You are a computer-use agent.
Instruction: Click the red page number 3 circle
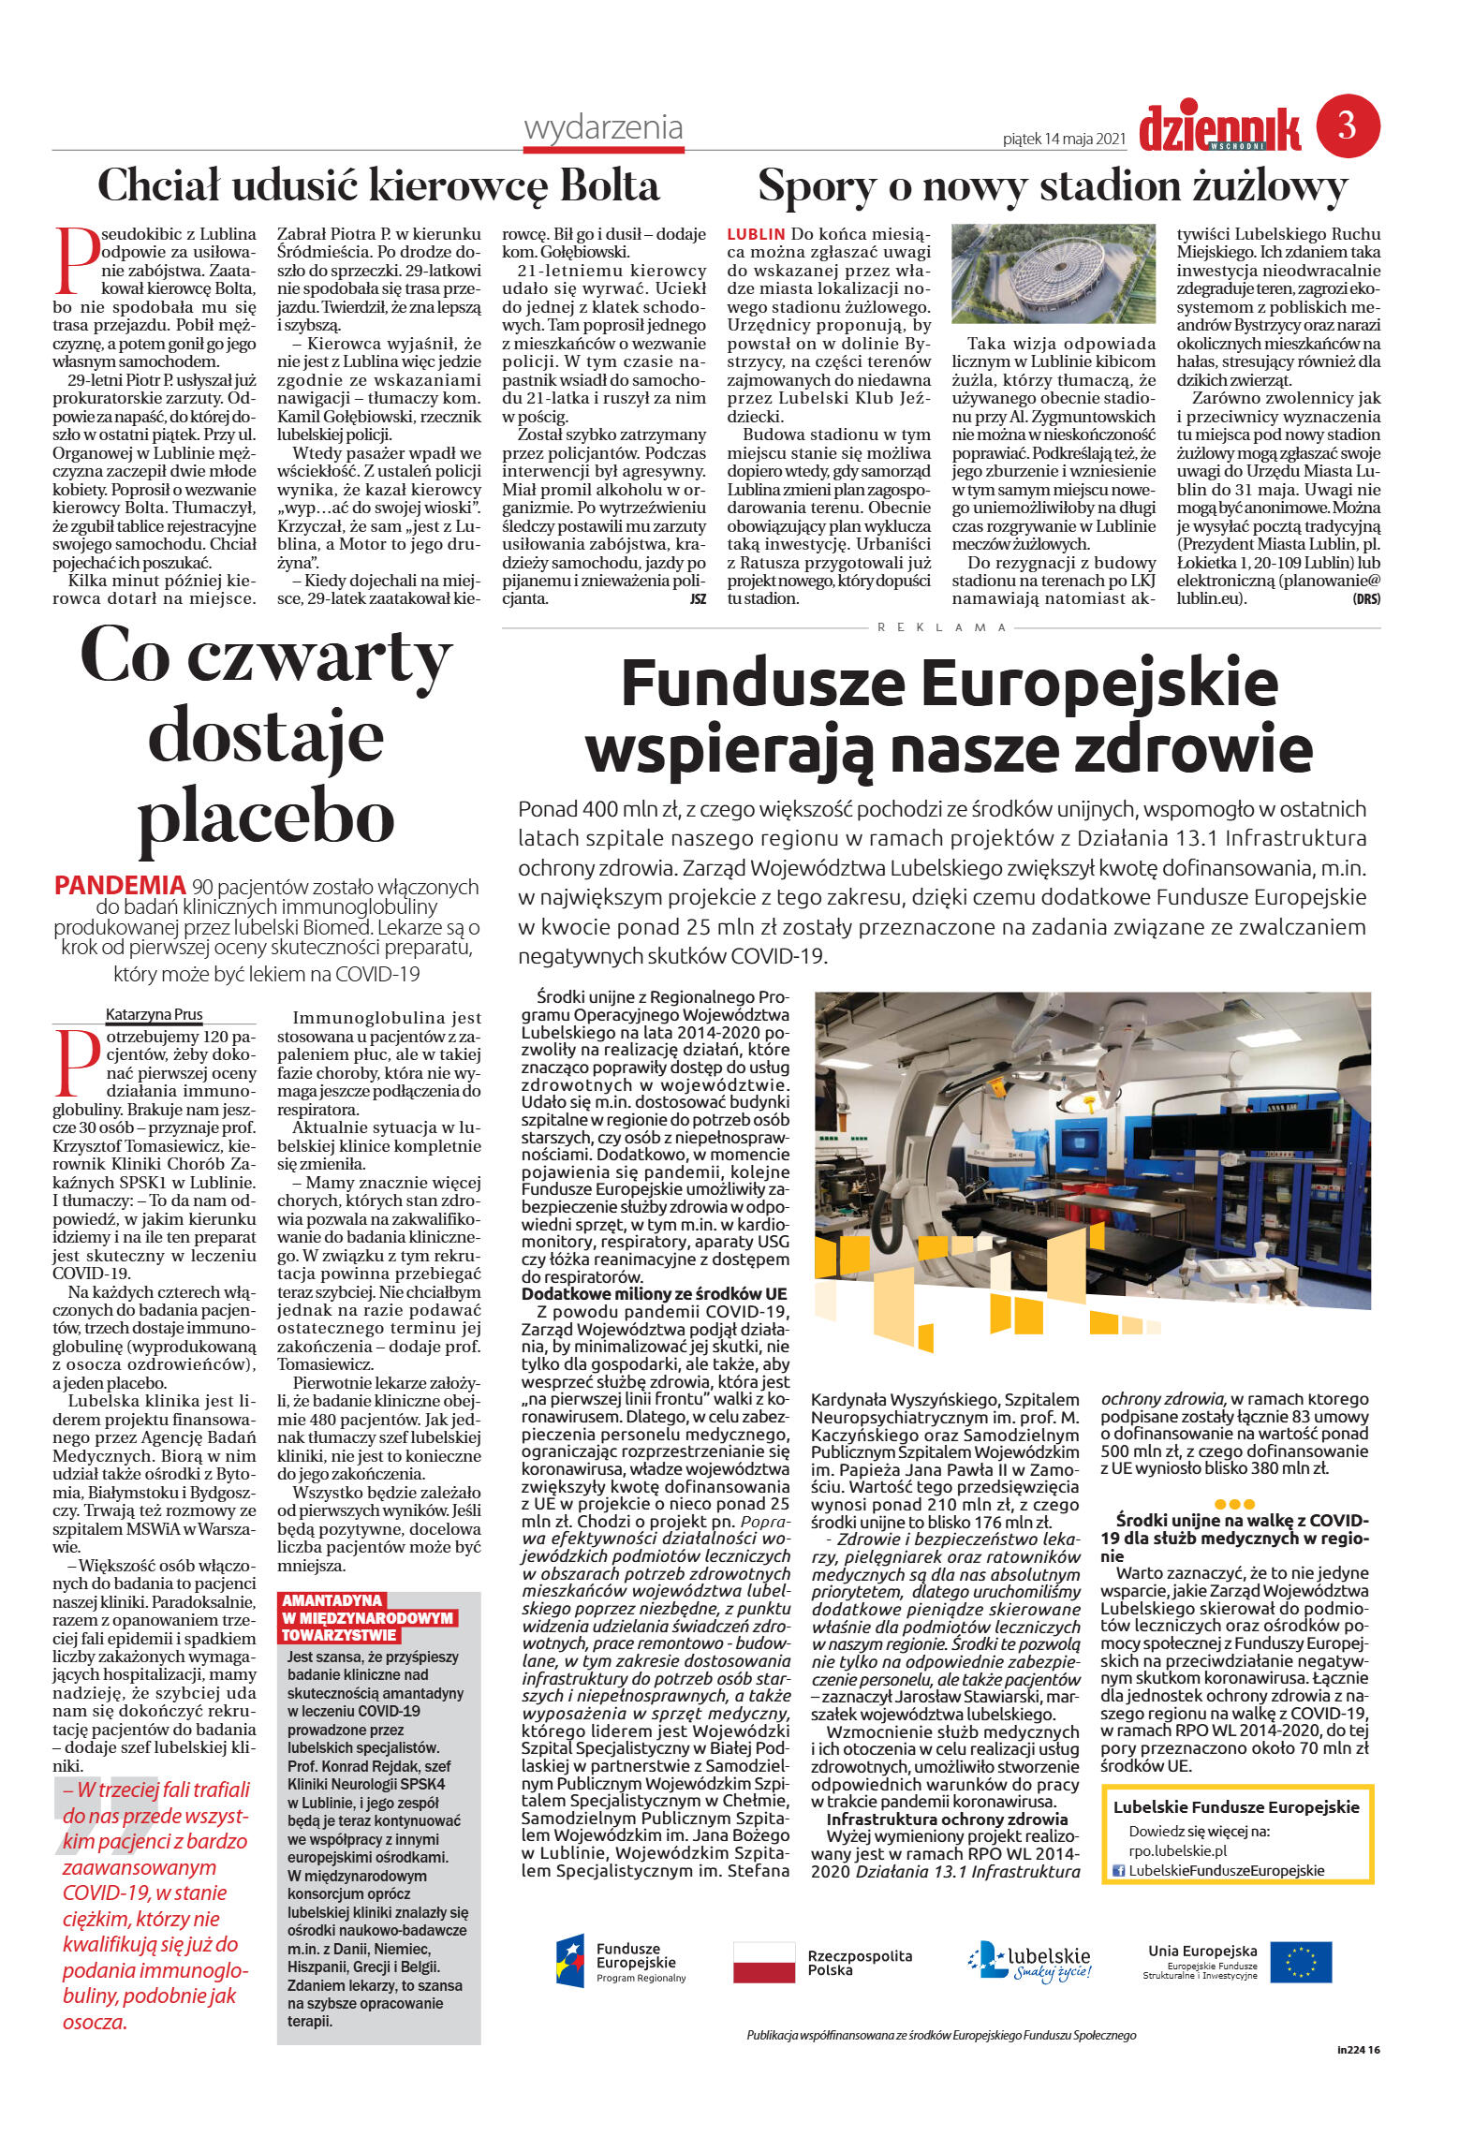(1348, 125)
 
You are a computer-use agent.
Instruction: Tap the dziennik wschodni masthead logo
(1219, 129)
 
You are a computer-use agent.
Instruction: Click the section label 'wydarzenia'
(603, 127)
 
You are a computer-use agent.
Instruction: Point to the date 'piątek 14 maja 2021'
(1063, 140)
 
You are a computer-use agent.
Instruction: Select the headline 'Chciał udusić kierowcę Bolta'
(378, 185)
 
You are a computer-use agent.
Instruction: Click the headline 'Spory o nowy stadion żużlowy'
(1052, 185)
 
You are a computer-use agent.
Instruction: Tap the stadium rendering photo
(1054, 273)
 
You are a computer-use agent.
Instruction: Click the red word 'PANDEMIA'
(120, 885)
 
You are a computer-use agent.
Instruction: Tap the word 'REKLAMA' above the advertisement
(941, 627)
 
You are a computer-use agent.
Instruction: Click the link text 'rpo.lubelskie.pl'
(1177, 1850)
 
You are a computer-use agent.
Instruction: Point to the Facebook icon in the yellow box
(1117, 1870)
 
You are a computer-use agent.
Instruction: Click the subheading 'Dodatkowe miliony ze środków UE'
(654, 1294)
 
